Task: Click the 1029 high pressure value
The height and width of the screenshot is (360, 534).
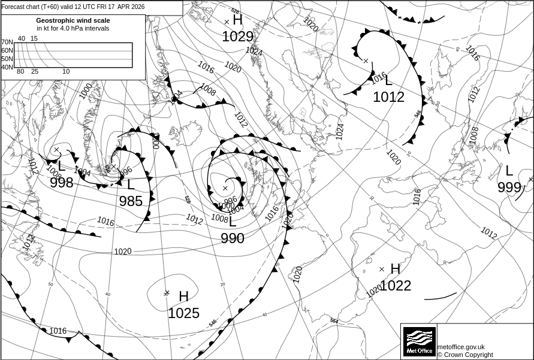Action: pyautogui.click(x=237, y=37)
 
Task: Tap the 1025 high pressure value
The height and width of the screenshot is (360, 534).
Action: pyautogui.click(x=183, y=313)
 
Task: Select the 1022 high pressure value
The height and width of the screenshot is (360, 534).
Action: pyautogui.click(x=396, y=286)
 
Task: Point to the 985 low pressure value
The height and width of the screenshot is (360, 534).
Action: pyautogui.click(x=131, y=201)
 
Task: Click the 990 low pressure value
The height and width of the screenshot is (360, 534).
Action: pyautogui.click(x=233, y=238)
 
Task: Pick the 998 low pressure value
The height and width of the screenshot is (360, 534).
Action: pyautogui.click(x=62, y=183)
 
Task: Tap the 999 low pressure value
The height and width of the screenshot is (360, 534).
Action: pyautogui.click(x=509, y=187)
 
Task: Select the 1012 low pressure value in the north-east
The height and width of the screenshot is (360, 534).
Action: pyautogui.click(x=388, y=97)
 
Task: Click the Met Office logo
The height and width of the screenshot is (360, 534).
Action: pyautogui.click(x=419, y=341)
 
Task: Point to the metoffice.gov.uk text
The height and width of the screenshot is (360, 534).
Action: pyautogui.click(x=461, y=347)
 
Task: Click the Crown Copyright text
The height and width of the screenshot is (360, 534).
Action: pyautogui.click(x=465, y=355)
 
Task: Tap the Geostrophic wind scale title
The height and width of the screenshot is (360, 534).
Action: pyautogui.click(x=73, y=20)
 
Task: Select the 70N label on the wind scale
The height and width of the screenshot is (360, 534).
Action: pyautogui.click(x=7, y=43)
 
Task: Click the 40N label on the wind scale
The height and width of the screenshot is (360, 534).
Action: pyautogui.click(x=7, y=67)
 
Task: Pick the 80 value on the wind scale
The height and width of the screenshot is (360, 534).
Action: pyautogui.click(x=20, y=72)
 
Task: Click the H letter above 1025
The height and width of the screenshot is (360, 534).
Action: pyautogui.click(x=183, y=297)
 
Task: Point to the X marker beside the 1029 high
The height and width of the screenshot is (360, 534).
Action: pyautogui.click(x=227, y=22)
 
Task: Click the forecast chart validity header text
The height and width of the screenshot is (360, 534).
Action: pyautogui.click(x=73, y=7)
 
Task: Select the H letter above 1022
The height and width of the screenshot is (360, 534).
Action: pyautogui.click(x=395, y=269)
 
